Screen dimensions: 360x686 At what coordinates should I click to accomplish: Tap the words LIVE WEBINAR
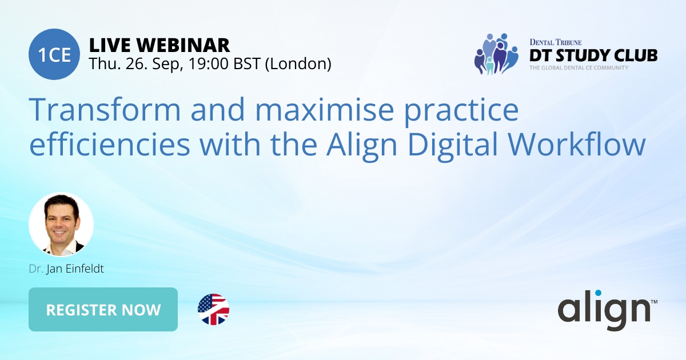click(159, 45)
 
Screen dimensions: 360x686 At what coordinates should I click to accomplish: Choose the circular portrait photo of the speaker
click(61, 224)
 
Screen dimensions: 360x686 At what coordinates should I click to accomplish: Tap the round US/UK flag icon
click(213, 310)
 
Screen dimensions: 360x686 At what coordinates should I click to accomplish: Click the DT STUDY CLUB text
click(592, 55)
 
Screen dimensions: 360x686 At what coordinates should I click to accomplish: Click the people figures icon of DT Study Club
click(495, 54)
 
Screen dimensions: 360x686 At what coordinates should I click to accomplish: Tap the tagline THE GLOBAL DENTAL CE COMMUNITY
click(579, 68)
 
